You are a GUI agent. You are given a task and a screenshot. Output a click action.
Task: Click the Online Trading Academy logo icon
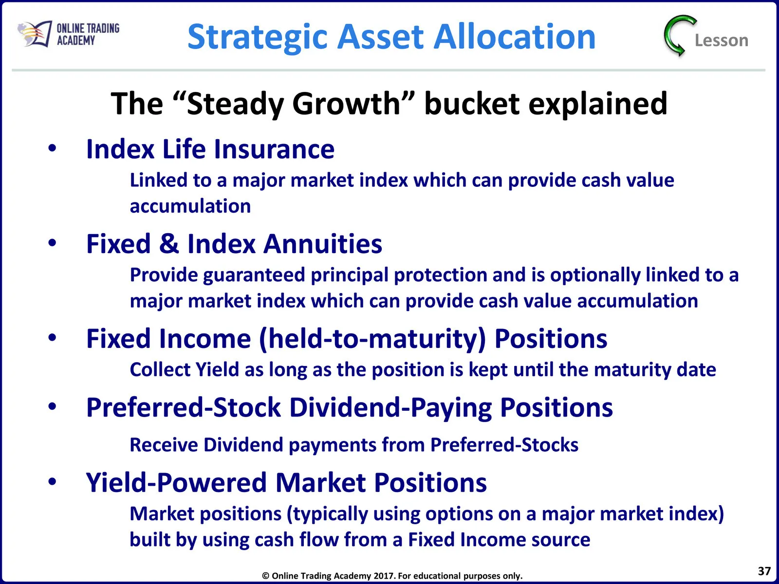(x=35, y=34)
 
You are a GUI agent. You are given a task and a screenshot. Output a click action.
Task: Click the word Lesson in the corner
(x=722, y=40)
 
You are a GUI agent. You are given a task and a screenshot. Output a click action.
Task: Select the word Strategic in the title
(x=257, y=37)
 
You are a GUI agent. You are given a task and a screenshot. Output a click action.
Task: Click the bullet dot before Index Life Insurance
(x=52, y=148)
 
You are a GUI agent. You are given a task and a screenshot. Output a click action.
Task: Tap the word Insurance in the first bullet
(x=274, y=149)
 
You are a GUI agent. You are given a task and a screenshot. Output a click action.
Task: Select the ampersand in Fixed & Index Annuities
(x=169, y=244)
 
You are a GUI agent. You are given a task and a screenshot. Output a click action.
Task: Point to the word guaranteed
(x=254, y=275)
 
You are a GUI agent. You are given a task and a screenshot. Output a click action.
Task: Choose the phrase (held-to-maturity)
(x=372, y=339)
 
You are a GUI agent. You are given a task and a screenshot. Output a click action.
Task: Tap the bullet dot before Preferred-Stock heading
(x=52, y=407)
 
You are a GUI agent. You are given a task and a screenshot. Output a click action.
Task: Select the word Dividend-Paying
(x=391, y=408)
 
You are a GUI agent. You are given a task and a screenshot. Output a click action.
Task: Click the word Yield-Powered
(x=176, y=483)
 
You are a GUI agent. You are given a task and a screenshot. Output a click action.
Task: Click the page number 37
(x=764, y=571)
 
